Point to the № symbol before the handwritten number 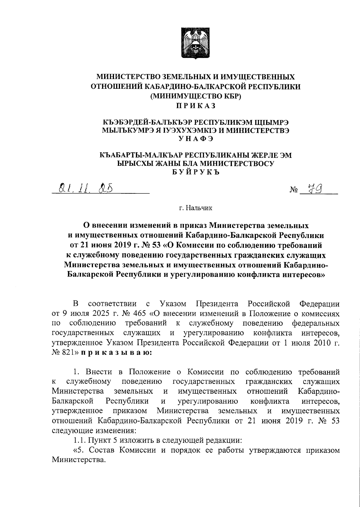tap(294, 190)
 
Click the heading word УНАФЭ tap(196, 138)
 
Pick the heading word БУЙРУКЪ tap(196, 172)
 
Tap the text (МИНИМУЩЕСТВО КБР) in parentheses tap(196, 96)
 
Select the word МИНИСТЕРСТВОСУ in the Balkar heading tap(237, 163)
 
